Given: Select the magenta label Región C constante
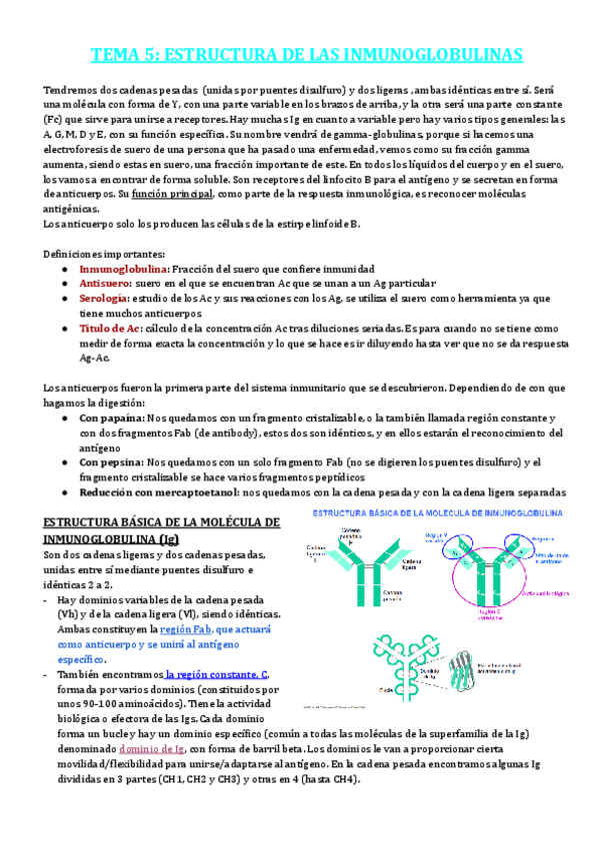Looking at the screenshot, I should tap(491, 611).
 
